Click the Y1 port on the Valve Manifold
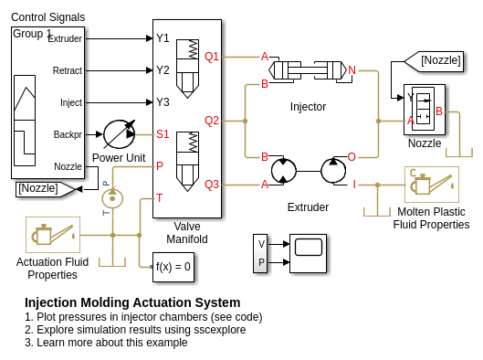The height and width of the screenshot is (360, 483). tap(163, 38)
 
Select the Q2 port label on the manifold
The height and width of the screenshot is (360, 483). tap(212, 121)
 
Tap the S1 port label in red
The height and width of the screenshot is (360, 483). tap(163, 134)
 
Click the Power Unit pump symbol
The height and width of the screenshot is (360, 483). tap(120, 134)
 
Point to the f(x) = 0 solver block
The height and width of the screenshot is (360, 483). tap(173, 267)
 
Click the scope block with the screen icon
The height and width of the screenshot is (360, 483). tap(308, 253)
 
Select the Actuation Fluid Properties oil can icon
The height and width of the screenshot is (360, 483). tap(53, 235)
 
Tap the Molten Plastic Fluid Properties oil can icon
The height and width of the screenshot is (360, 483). tap(432, 185)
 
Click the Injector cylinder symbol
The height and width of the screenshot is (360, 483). tap(308, 70)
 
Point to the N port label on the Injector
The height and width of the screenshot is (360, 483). tap(352, 70)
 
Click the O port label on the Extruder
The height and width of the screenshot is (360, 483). tap(352, 157)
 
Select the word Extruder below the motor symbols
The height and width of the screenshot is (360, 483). tap(308, 207)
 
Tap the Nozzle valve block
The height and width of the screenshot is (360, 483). tap(425, 110)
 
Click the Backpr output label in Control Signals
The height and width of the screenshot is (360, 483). tap(68, 134)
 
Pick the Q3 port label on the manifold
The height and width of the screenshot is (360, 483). tap(212, 185)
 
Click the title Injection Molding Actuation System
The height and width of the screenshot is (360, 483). tap(132, 302)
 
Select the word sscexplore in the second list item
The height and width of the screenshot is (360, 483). tap(220, 330)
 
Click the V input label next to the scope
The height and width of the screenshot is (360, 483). tap(261, 244)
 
